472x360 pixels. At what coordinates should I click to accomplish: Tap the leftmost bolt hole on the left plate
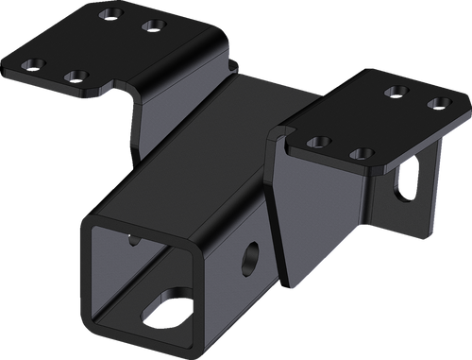(39, 64)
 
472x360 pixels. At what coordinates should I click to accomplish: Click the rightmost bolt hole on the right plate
(435, 102)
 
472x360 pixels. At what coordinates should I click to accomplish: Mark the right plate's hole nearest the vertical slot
(358, 152)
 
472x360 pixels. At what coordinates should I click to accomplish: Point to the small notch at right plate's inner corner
(280, 133)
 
